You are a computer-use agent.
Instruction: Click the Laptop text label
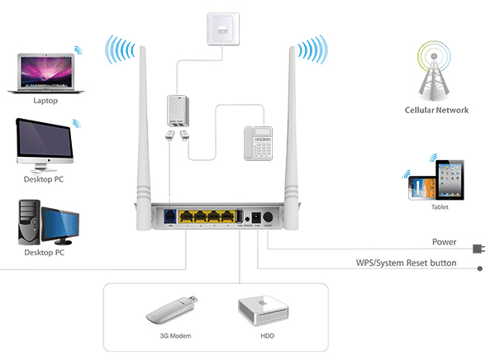[46, 101]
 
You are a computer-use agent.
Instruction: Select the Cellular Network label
[436, 110]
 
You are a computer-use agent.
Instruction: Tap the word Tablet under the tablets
[440, 207]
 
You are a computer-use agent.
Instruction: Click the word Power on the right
[444, 243]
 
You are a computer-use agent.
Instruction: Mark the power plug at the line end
[478, 247]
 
